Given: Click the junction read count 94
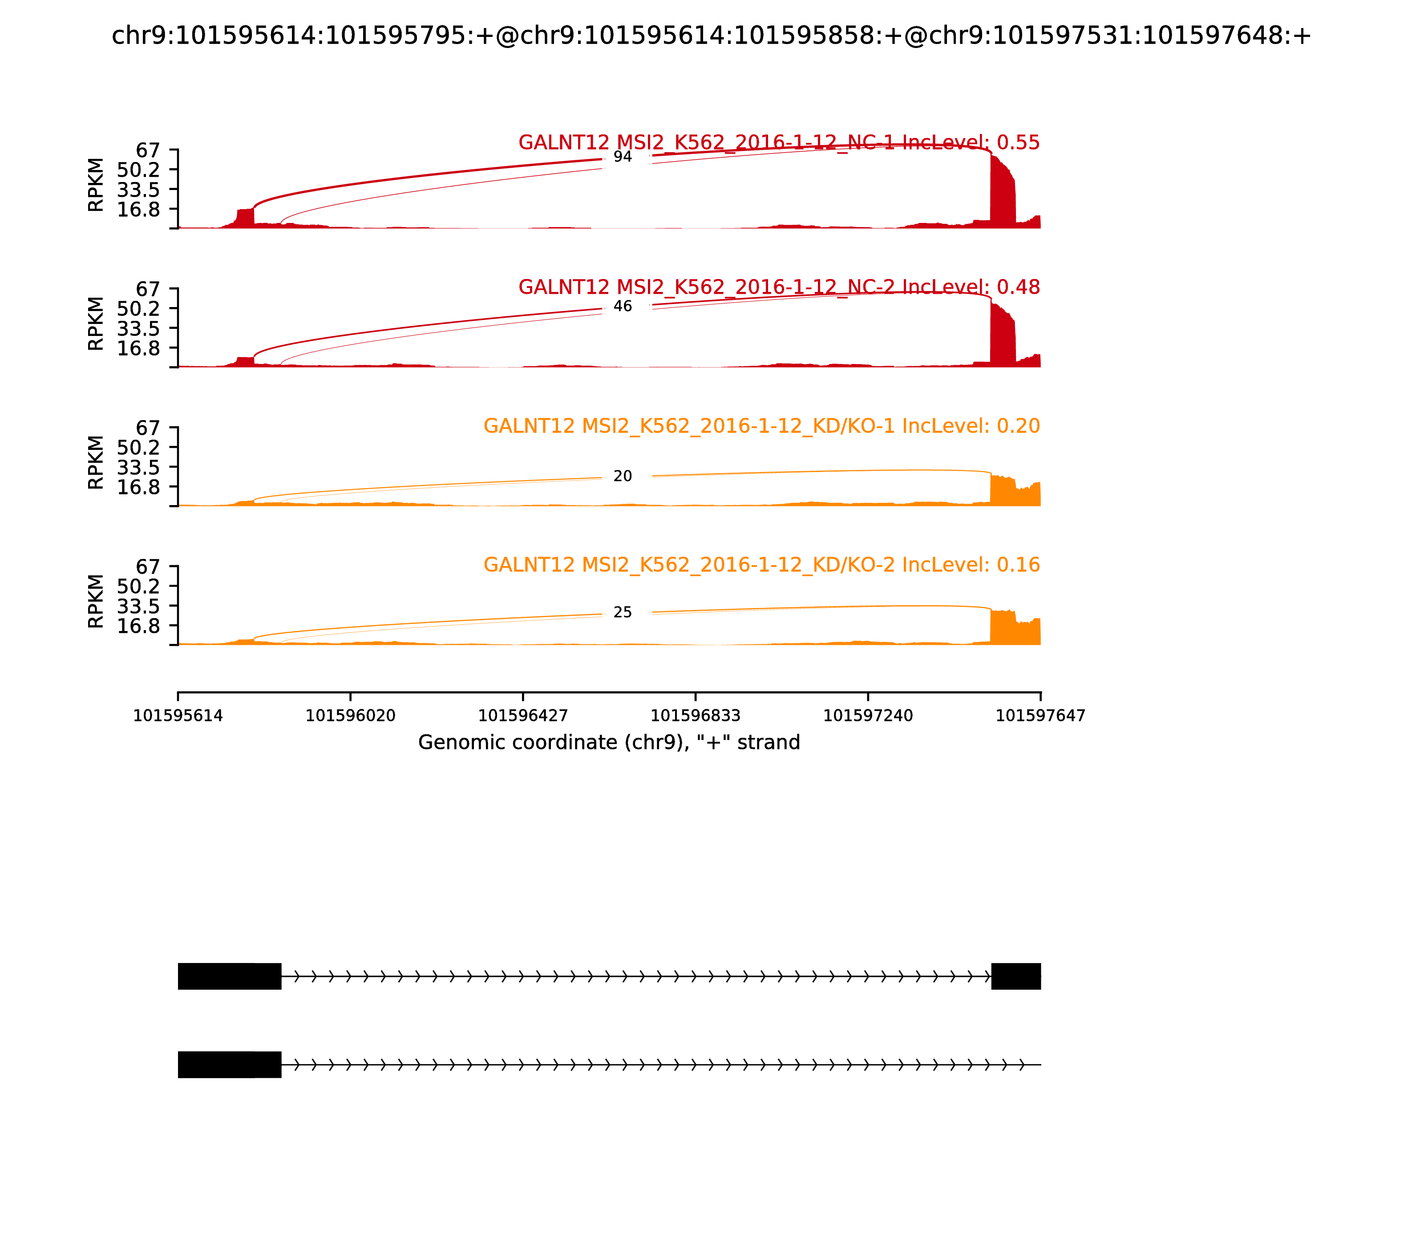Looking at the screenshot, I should tap(622, 157).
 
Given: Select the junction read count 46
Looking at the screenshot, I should tap(622, 307).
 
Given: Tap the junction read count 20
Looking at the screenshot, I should tap(622, 476).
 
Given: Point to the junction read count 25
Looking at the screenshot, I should tap(622, 613).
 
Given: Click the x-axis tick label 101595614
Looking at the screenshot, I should tap(178, 716).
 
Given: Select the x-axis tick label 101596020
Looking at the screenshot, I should tap(351, 716).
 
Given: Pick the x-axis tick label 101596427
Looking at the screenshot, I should tap(523, 716).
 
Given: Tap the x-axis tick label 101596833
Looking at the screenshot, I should tap(695, 716).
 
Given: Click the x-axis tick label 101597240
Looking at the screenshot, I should tap(868, 716).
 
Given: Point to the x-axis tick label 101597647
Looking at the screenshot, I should tap(1040, 716).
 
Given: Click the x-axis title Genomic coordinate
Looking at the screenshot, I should tap(609, 743).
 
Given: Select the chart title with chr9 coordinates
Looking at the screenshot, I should tap(711, 36).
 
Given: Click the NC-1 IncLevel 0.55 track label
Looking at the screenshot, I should tap(779, 142).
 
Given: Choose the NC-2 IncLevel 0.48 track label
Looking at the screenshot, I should tap(779, 287).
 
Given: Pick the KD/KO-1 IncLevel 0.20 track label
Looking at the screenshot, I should tap(761, 426).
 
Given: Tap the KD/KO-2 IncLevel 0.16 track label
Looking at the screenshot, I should tap(761, 565).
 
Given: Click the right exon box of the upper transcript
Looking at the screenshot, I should tap(1016, 976).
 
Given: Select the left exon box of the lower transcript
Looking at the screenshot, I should tap(230, 1064).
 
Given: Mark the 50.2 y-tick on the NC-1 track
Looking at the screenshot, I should tap(138, 170).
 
